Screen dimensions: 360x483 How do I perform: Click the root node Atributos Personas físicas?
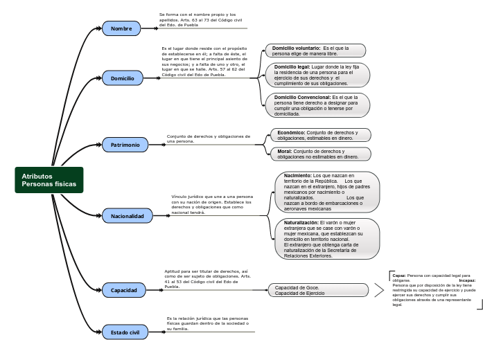pyautogui.click(x=49, y=180)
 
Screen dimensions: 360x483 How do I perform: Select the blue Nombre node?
pyautogui.click(x=121, y=28)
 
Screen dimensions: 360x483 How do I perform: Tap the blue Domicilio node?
pyautogui.click(x=123, y=78)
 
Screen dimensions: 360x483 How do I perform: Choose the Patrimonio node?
pyautogui.click(x=125, y=145)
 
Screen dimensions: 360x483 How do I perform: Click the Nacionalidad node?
pyautogui.click(x=127, y=216)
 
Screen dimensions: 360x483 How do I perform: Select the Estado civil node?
pyautogui.click(x=125, y=332)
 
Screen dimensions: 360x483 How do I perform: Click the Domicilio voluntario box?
pyautogui.click(x=315, y=51)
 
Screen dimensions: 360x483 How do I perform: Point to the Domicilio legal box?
pyautogui.click(x=317, y=75)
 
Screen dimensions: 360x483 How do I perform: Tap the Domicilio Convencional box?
pyautogui.click(x=317, y=105)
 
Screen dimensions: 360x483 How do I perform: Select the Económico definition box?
pyautogui.click(x=319, y=135)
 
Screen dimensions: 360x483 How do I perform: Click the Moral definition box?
pyautogui.click(x=319, y=154)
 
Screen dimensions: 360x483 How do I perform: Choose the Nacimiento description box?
pyautogui.click(x=327, y=192)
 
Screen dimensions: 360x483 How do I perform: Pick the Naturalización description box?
pyautogui.click(x=327, y=239)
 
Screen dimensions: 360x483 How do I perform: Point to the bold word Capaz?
pyautogui.click(x=399, y=276)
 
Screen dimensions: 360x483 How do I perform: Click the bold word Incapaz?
pyautogui.click(x=467, y=280)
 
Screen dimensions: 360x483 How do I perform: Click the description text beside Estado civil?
pyautogui.click(x=207, y=323)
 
